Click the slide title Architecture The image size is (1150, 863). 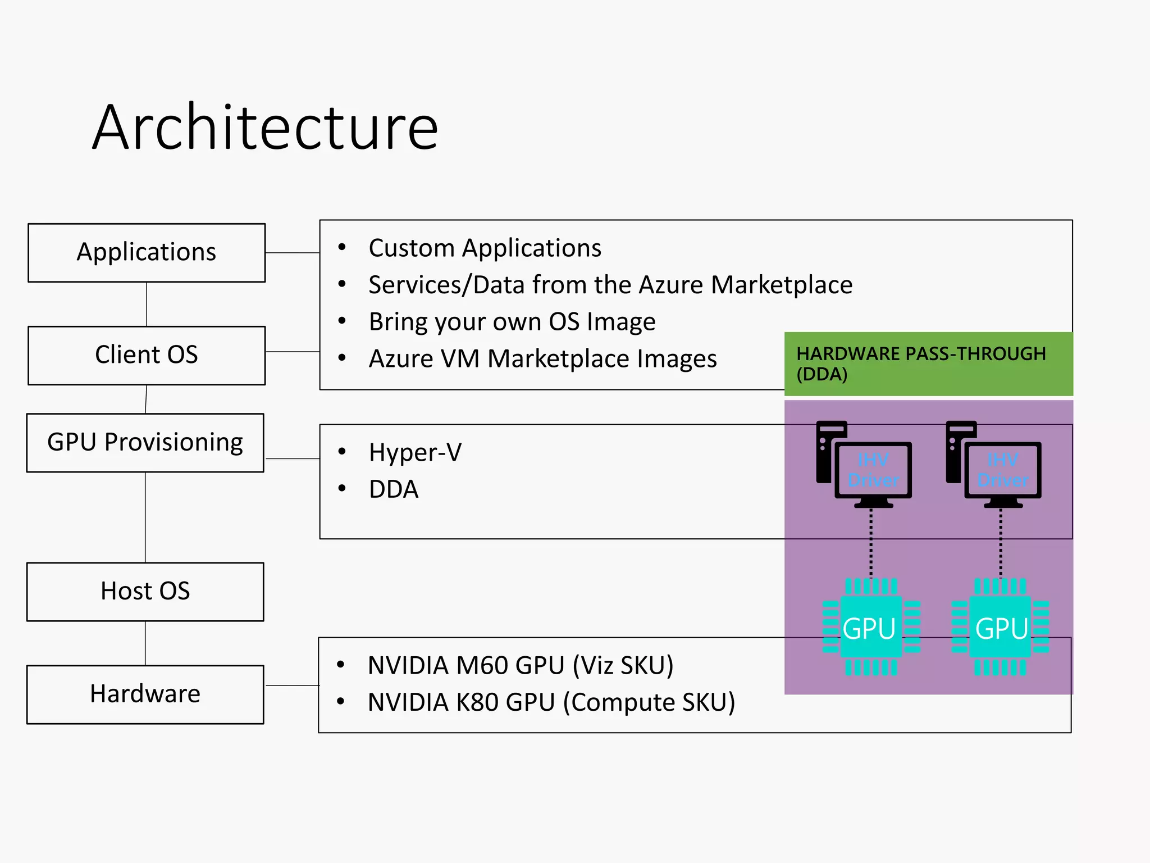[265, 128]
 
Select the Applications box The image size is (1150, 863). [147, 253]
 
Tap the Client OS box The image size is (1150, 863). [147, 355]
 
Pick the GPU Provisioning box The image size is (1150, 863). [145, 443]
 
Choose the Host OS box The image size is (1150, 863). [145, 592]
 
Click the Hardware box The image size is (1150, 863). [145, 694]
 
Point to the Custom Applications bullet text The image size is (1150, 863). [485, 248]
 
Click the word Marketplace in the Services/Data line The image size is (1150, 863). [781, 285]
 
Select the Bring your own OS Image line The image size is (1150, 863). [512, 322]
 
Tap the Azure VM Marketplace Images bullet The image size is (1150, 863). [542, 359]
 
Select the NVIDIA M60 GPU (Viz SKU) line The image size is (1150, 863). [520, 666]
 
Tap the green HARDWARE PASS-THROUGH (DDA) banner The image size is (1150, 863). [928, 364]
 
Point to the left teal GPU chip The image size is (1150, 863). [871, 627]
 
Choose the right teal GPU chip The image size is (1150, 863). [1001, 627]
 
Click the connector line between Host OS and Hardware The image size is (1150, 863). [145, 643]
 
